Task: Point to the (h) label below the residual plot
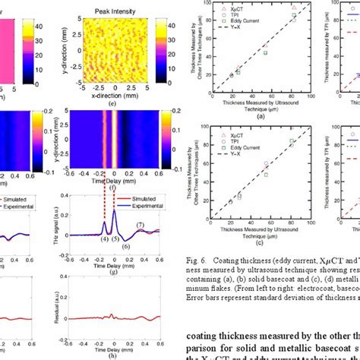(x=112, y=356)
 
